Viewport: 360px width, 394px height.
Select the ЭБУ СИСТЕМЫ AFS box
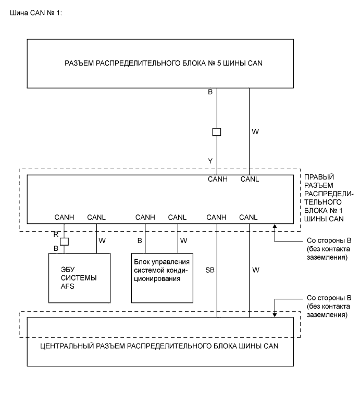79,277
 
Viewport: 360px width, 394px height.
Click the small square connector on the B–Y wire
217,132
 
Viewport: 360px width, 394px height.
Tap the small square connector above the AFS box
64,242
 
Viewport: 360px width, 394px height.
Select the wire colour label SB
210,271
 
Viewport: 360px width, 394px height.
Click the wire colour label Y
210,161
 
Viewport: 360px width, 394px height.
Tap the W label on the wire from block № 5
255,133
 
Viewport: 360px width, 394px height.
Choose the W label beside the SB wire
255,271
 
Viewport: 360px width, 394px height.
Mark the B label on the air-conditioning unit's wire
140,240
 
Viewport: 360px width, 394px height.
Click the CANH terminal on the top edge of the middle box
217,180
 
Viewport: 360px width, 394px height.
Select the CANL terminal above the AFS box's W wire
97,217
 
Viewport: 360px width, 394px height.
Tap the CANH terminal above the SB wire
217,217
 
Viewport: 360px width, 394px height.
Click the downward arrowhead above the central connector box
275,314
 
